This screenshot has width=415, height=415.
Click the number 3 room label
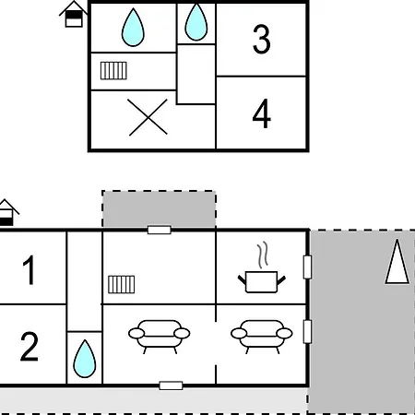[262, 39]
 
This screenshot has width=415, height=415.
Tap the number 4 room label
[262, 113]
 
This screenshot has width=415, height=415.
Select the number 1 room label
[29, 270]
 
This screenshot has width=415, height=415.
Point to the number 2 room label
[30, 346]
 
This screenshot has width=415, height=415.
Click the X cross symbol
[148, 117]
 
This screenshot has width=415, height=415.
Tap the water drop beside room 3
[196, 22]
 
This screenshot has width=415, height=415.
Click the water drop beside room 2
[85, 359]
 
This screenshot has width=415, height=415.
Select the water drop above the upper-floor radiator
[133, 28]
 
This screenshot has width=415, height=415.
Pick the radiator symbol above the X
[113, 71]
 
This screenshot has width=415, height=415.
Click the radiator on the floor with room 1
[122, 284]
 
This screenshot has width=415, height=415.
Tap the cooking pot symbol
[262, 281]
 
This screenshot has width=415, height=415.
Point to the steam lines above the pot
[262, 255]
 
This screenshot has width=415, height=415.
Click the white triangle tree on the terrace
[397, 261]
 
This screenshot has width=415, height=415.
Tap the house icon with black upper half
[74, 15]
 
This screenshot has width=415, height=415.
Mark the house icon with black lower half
[8, 213]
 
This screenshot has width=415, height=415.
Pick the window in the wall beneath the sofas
[171, 385]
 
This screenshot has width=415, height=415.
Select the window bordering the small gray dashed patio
[160, 230]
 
